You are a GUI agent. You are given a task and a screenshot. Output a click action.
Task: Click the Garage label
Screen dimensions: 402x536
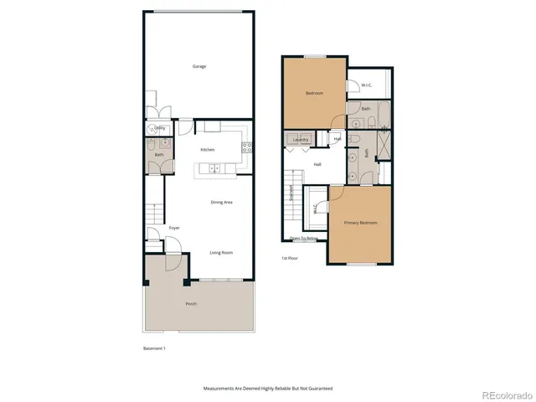point(199,66)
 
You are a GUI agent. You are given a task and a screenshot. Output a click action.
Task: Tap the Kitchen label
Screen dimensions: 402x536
point(207,150)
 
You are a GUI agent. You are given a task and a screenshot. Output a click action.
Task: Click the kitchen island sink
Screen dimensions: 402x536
point(214,168)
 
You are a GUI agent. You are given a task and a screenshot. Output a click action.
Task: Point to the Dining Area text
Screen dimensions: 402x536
point(221,202)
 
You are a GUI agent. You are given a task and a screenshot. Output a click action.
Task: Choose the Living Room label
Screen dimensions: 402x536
point(221,252)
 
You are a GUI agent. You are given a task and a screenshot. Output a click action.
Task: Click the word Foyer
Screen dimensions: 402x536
point(174,228)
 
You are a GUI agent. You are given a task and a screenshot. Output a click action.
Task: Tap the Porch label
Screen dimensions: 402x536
point(191,303)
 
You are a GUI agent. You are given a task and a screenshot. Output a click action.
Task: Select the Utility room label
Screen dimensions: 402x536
point(158,128)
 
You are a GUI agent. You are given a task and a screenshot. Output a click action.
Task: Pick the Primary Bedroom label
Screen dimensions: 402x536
point(361,223)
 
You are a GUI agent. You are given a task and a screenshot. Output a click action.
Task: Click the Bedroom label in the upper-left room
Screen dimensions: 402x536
point(314,93)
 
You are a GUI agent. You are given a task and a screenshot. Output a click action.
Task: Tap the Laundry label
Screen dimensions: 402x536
point(301,139)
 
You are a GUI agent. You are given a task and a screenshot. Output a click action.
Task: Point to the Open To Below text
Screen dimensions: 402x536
point(304,239)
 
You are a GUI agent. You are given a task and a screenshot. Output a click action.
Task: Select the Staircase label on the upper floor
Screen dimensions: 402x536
point(291,193)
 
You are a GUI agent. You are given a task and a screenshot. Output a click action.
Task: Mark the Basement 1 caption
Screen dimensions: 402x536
point(154,348)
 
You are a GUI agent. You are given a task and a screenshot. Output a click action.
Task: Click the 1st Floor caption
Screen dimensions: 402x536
point(291,258)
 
